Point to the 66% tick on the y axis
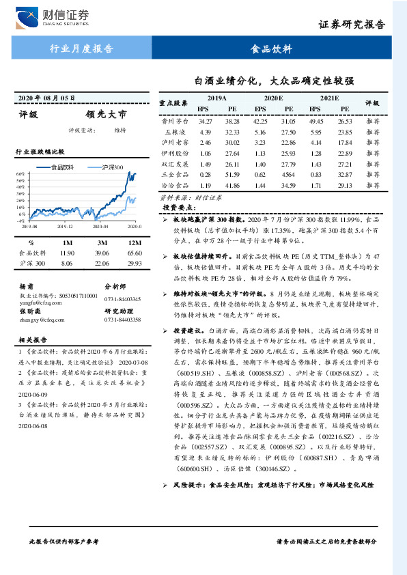(x=20, y=174)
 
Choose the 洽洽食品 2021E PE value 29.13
(x=346, y=186)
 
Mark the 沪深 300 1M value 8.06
(x=67, y=263)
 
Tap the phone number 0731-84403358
(x=123, y=320)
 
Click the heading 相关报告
(x=31, y=339)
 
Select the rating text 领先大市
(x=106, y=115)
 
